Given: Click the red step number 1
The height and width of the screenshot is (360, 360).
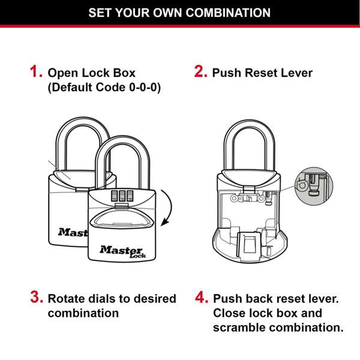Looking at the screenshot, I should pyautogui.click(x=36, y=73).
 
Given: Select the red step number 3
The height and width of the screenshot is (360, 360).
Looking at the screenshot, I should pyautogui.click(x=37, y=298).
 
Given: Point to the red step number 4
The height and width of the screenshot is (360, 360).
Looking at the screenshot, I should pyautogui.click(x=202, y=298).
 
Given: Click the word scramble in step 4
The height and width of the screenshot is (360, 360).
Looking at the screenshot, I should pyautogui.click(x=239, y=328).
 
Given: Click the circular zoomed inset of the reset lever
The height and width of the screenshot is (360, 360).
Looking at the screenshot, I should pyautogui.click(x=313, y=184).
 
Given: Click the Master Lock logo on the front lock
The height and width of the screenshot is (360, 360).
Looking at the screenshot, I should pyautogui.click(x=122, y=250).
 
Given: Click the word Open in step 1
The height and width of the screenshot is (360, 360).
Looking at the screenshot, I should pyautogui.click(x=61, y=73).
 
